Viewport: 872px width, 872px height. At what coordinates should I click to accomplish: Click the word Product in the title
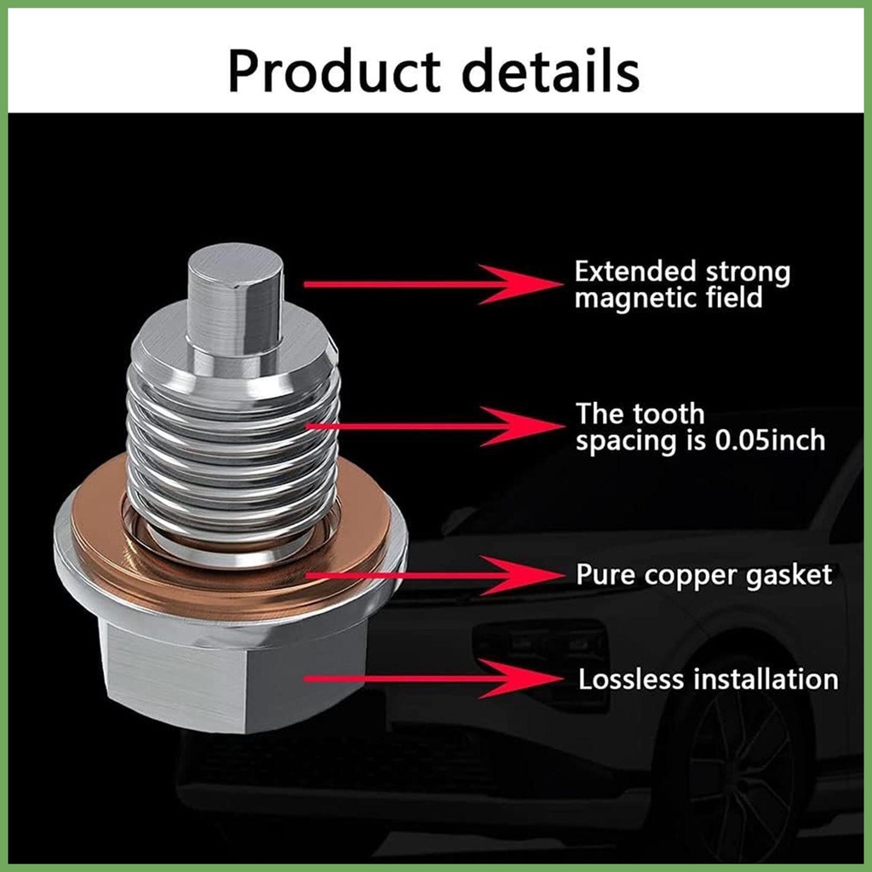[334, 72]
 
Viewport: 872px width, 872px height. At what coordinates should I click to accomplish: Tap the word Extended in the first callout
[635, 271]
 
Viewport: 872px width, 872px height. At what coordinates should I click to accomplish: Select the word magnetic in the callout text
[635, 298]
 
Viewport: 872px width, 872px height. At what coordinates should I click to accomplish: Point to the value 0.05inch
[770, 440]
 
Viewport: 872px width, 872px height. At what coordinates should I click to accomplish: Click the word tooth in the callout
[668, 414]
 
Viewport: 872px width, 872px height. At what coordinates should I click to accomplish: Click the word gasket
[789, 576]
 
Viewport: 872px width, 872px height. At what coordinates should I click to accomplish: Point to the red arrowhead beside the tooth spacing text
[522, 427]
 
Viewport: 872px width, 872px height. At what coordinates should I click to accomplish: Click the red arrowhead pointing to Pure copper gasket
[522, 575]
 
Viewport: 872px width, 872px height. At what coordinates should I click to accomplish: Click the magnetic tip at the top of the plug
[235, 301]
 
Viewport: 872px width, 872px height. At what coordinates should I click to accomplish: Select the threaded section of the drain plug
[233, 450]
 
